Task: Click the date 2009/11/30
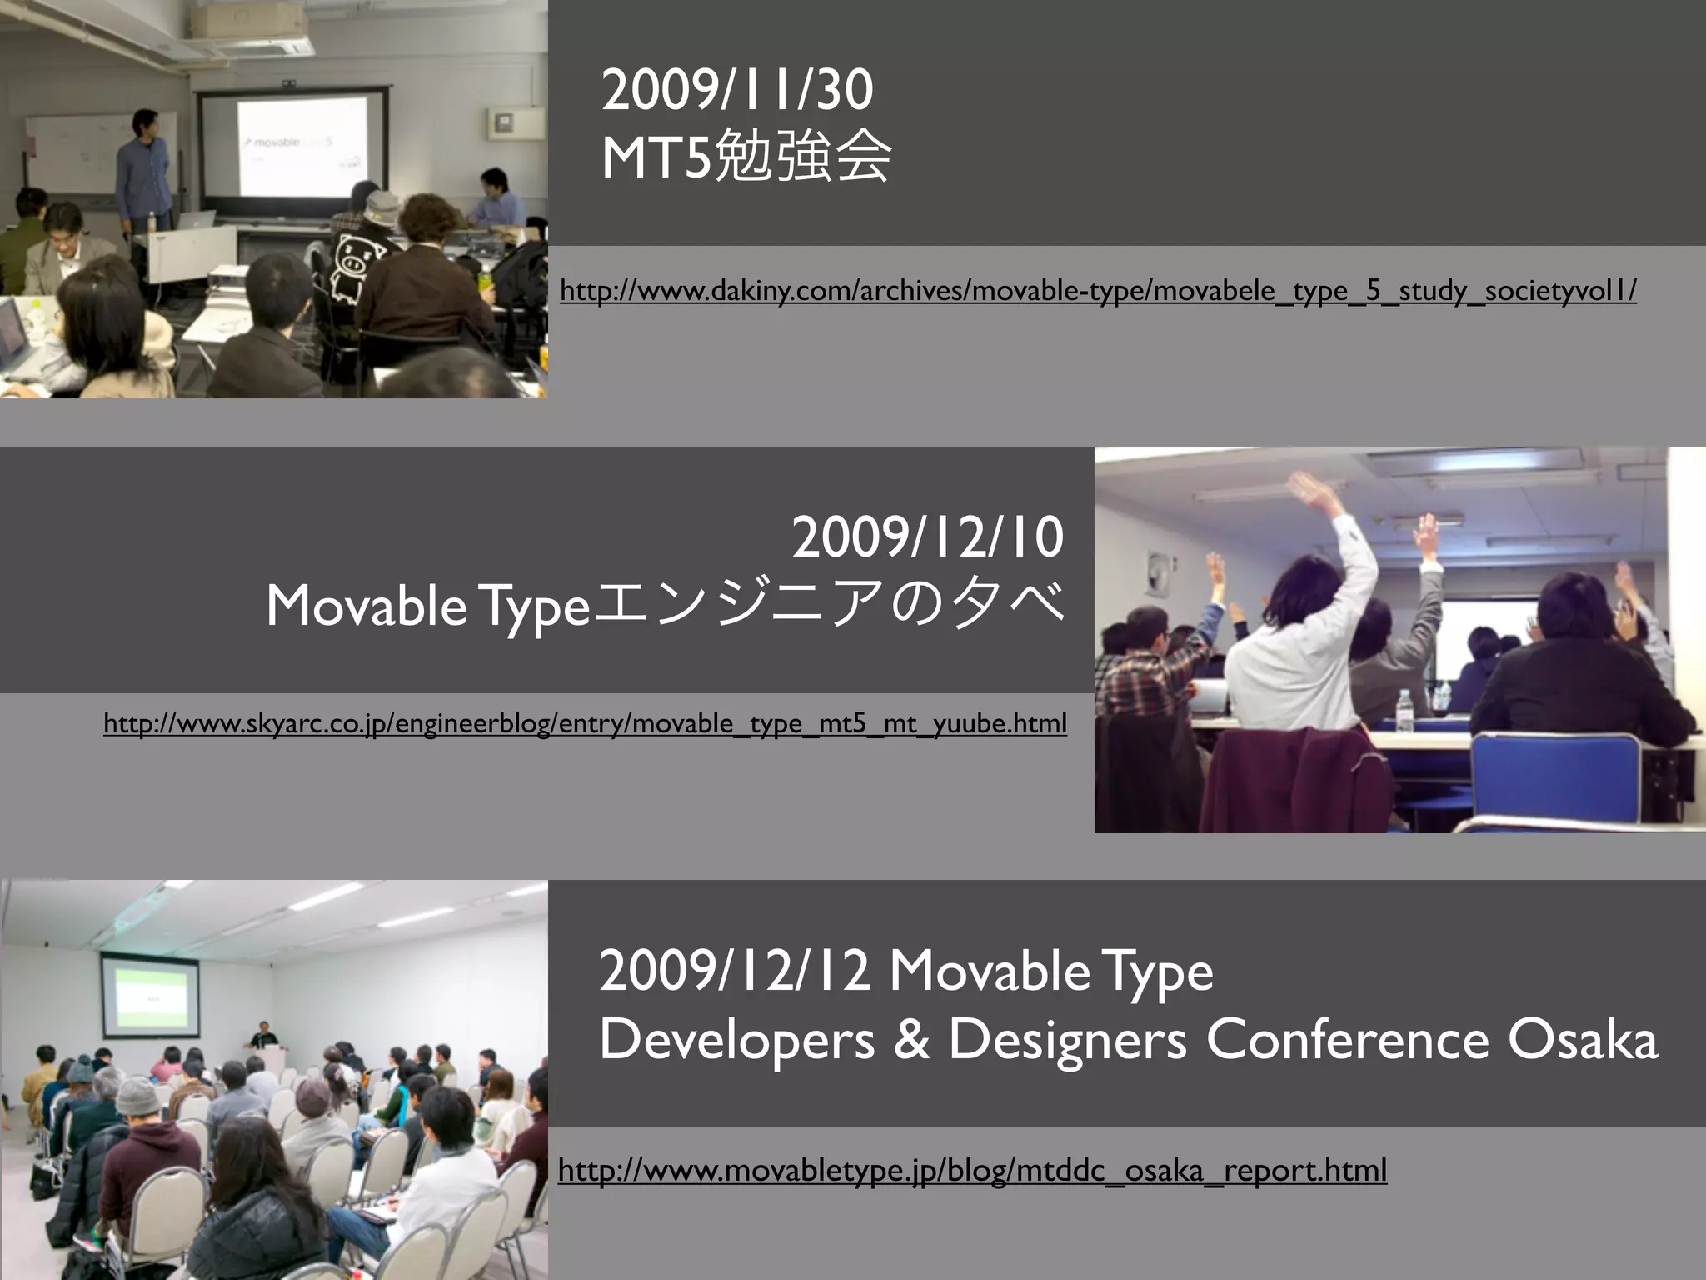point(736,91)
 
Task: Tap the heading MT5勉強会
point(746,157)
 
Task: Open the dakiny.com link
point(1098,291)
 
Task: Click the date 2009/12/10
point(927,538)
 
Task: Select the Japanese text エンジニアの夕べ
point(828,604)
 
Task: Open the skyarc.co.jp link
point(585,723)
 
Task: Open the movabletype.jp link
point(972,1170)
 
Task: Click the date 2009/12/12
point(735,972)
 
